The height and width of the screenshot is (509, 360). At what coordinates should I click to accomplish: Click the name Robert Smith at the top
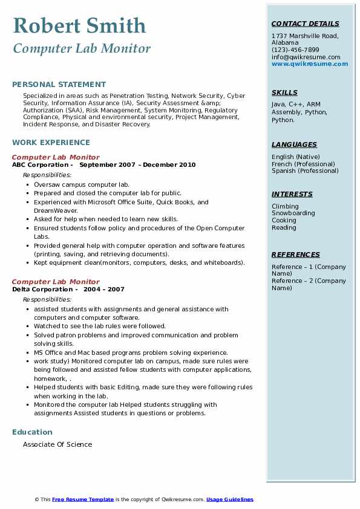point(79,25)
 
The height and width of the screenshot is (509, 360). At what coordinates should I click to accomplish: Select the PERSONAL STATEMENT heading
point(59,85)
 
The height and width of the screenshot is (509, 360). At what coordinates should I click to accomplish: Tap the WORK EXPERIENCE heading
point(51,143)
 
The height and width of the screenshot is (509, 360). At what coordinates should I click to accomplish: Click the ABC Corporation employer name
point(40,165)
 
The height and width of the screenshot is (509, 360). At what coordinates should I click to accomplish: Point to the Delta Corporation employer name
point(42,290)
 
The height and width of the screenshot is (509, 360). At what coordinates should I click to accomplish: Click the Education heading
point(32,432)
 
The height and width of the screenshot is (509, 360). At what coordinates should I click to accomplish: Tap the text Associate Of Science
point(57,444)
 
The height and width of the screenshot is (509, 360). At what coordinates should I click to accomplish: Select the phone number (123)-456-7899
point(295,50)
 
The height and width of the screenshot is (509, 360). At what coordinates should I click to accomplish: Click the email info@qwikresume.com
point(306,57)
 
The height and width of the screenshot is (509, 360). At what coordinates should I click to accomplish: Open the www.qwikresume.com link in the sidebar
point(310,64)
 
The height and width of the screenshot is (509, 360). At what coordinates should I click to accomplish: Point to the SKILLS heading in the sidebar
point(284,92)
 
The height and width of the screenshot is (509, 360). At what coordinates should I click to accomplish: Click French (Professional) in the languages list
point(303,164)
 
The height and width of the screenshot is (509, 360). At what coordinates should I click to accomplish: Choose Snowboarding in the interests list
point(293,213)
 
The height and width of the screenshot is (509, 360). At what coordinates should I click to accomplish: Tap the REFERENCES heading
point(295,254)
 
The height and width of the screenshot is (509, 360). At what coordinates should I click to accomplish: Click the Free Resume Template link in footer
point(83,499)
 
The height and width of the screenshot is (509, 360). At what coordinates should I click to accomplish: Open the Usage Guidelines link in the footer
point(230,499)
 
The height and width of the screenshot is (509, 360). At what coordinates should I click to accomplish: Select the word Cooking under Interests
point(284,221)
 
